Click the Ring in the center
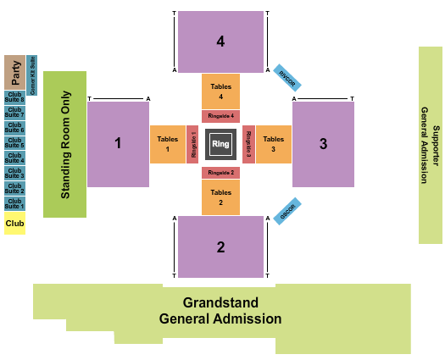[220, 143]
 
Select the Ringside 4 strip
[220, 116]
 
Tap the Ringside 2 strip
[220, 172]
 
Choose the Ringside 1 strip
[192, 144]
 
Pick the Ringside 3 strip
[248, 144]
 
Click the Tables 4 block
[220, 91]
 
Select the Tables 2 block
[220, 197]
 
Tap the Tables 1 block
[168, 144]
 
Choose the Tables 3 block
[273, 144]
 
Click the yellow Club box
[14, 224]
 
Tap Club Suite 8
[14, 97]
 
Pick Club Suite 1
[14, 204]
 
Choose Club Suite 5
[14, 142]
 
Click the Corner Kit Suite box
[31, 75]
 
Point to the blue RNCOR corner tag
[286, 78]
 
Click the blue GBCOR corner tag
[288, 211]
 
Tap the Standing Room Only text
[65, 145]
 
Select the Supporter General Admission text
[431, 145]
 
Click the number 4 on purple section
[220, 41]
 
